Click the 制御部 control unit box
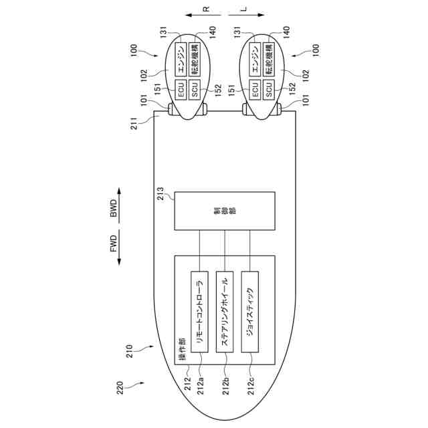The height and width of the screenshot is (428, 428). [x=225, y=211]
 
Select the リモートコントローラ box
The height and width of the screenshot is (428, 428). [x=199, y=312]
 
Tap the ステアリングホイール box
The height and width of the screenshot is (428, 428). [x=225, y=312]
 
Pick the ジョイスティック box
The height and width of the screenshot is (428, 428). [x=250, y=312]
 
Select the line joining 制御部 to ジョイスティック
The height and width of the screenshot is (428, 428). [x=250, y=251]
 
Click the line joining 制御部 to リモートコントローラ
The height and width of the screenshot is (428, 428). [x=199, y=251]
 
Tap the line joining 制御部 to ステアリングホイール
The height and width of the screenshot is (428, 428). [x=225, y=251]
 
